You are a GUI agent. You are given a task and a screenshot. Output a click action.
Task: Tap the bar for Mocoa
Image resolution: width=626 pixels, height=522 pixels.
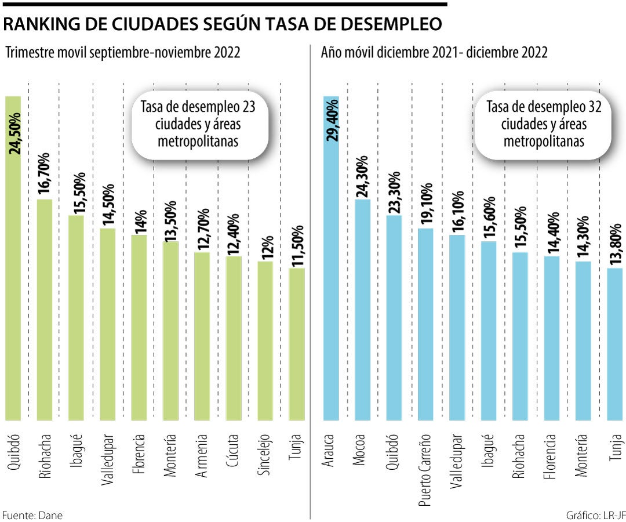tap(362, 310)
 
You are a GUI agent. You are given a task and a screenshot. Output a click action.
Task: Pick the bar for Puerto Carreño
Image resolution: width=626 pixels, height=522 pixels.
tap(425, 325)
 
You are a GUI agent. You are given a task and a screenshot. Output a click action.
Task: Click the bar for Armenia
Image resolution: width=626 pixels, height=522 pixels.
tap(202, 336)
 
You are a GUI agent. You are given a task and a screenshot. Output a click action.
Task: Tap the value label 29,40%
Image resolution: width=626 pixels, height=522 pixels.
tap(332, 119)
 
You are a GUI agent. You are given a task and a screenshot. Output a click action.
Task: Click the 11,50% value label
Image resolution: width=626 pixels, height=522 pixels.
tap(297, 244)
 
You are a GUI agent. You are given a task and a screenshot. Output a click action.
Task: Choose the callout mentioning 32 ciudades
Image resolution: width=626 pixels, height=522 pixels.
tap(544, 124)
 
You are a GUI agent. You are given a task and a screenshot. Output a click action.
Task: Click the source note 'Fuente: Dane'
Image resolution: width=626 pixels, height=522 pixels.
tap(32, 514)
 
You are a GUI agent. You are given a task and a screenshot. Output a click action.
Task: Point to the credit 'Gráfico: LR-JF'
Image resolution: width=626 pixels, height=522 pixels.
tap(595, 514)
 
